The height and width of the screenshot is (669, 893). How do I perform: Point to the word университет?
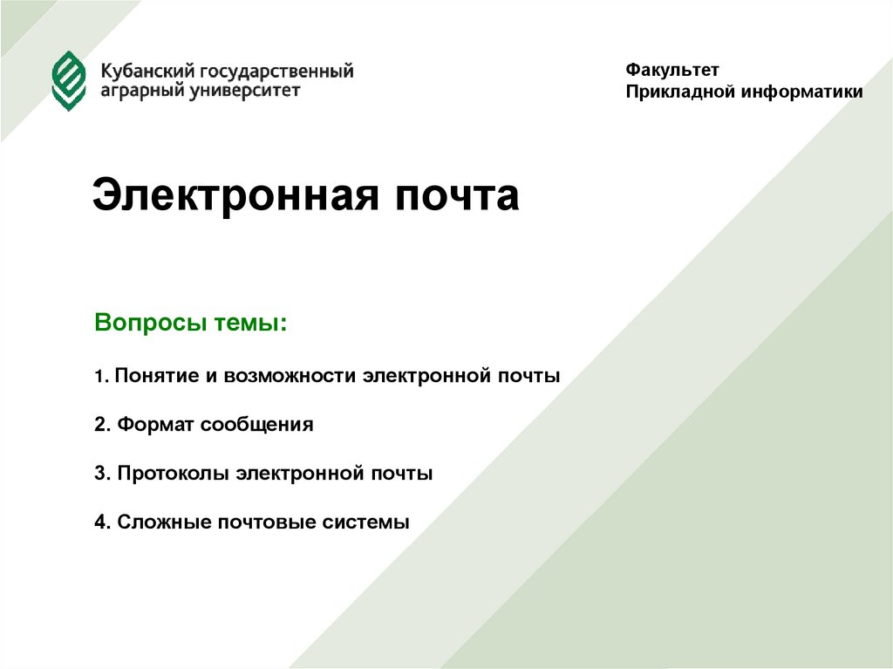click(246, 91)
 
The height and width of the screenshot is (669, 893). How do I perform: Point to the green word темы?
click(250, 324)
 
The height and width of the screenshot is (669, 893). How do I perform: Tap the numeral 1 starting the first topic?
click(99, 377)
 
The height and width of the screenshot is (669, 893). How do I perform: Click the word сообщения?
click(257, 426)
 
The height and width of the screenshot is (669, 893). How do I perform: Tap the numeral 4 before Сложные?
click(100, 523)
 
